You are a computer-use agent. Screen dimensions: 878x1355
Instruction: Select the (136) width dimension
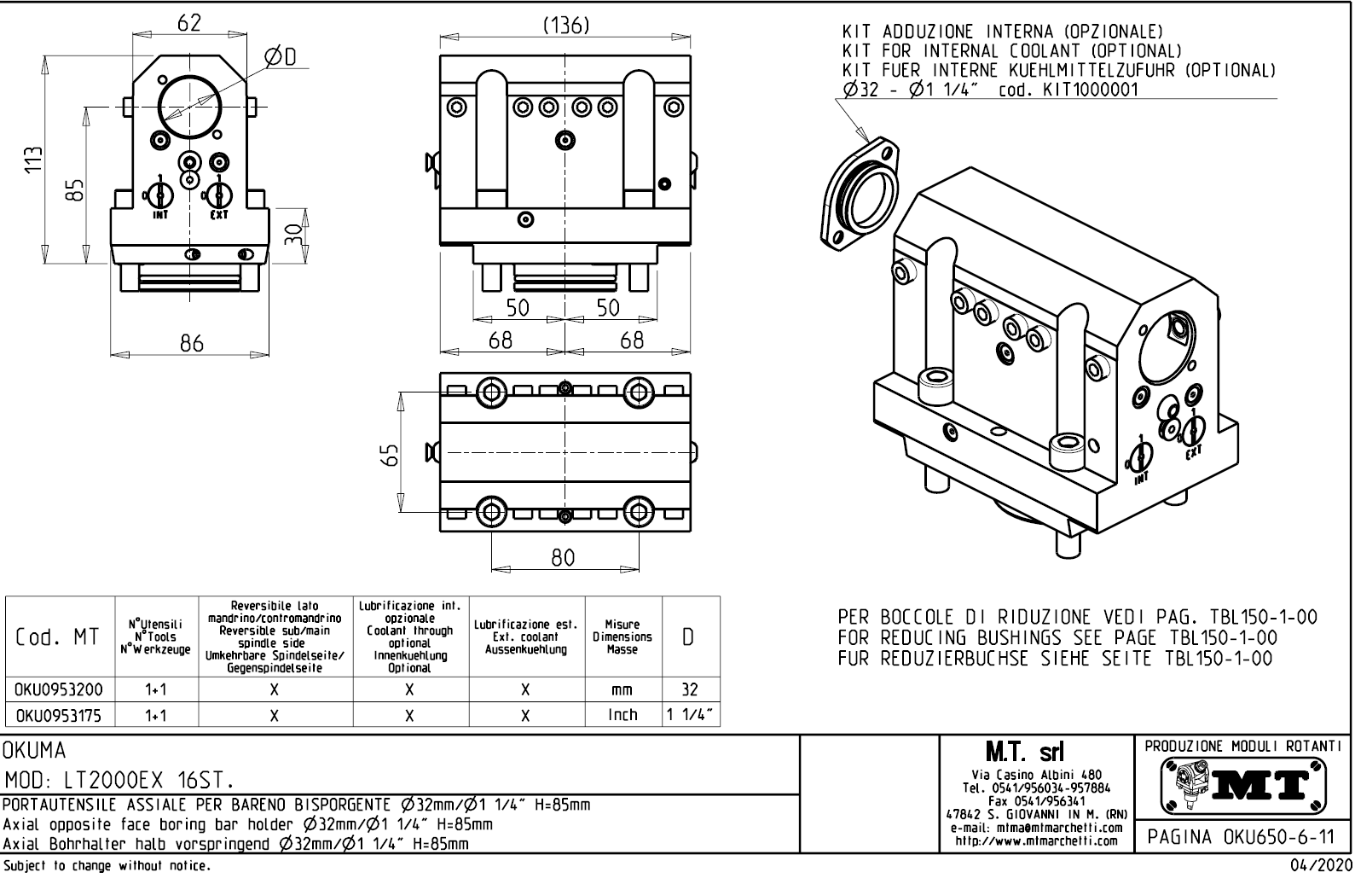pos(566,26)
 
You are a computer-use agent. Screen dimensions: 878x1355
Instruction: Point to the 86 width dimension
pos(191,342)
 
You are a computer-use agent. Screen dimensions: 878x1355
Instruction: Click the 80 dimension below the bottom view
pos(562,557)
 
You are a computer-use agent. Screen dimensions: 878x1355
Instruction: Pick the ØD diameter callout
pos(279,57)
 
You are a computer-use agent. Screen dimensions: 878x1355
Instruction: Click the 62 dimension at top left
pos(188,23)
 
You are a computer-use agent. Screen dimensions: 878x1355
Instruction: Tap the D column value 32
pos(690,689)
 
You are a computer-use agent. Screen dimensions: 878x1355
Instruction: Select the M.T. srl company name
pos(1024,753)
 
